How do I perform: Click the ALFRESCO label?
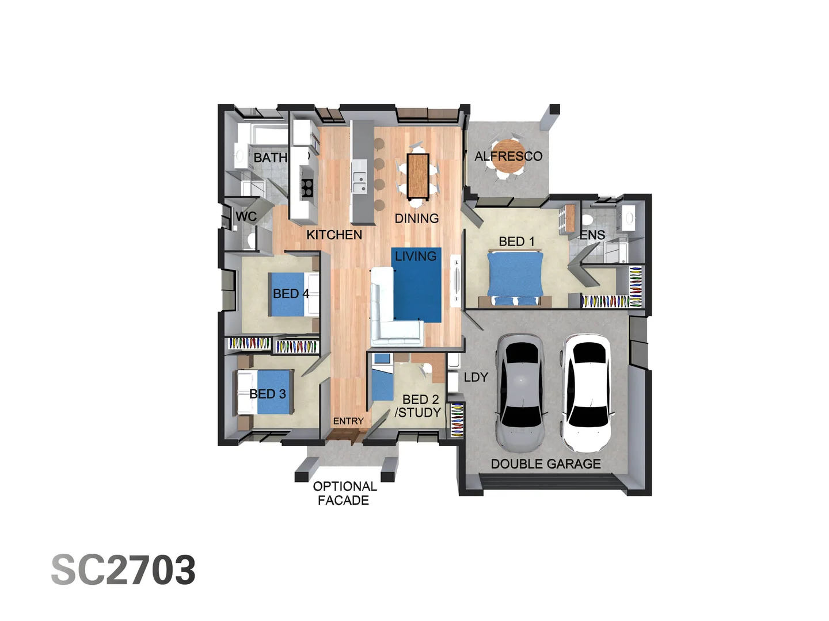coord(508,156)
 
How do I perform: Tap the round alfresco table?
coord(508,156)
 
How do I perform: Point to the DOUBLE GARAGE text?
coord(545,464)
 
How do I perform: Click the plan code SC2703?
coord(123,570)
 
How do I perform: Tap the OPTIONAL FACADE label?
coord(344,493)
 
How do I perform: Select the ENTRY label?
coord(348,421)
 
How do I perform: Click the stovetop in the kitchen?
coord(307,187)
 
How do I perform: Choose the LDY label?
coord(476,377)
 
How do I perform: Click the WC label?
coord(246,217)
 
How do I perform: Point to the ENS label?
coord(592,235)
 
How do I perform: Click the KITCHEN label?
coord(334,235)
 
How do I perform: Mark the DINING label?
coord(416,218)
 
